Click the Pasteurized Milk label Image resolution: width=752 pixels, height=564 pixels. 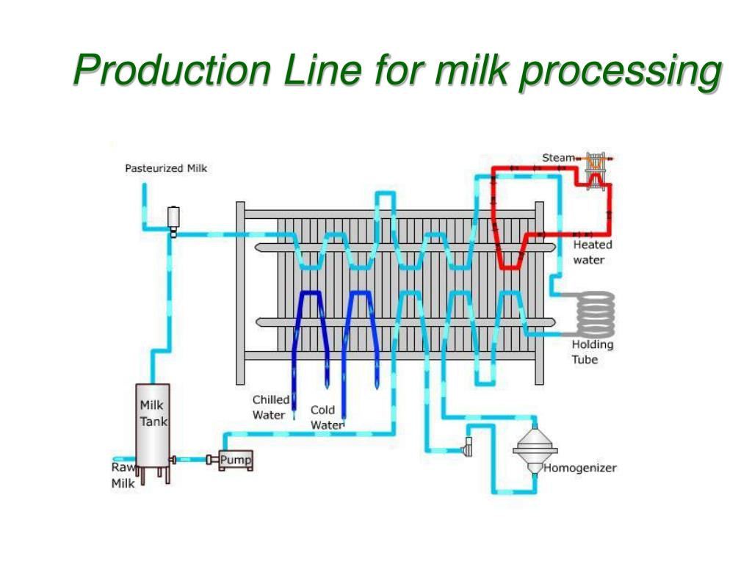(165, 168)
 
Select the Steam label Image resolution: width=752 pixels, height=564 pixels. (558, 158)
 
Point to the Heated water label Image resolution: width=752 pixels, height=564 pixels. (592, 252)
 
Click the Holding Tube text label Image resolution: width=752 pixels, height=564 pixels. (592, 352)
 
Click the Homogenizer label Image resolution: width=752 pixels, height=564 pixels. (579, 468)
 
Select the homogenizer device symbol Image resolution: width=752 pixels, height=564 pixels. (534, 450)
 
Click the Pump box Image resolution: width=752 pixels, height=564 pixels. (234, 460)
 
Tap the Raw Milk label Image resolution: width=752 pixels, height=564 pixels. (123, 475)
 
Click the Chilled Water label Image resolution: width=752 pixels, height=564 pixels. (270, 407)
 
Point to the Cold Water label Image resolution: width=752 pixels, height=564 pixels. (325, 417)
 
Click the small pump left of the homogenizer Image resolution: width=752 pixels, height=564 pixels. (466, 446)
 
